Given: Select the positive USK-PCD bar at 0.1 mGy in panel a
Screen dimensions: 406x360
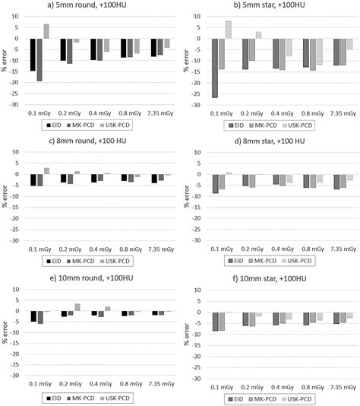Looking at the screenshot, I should click(x=46, y=31).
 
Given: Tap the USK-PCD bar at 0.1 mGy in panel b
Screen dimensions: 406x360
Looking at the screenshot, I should click(x=228, y=30).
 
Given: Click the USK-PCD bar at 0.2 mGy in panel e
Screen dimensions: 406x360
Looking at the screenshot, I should click(x=77, y=307).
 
